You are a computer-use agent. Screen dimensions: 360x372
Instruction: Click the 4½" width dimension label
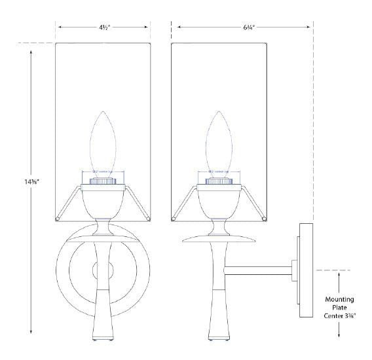point(103,27)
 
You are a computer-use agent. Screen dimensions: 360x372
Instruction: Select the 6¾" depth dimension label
point(242,27)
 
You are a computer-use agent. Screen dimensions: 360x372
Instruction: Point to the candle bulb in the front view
point(102,140)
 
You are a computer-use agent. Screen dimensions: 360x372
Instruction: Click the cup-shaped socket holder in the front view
point(102,200)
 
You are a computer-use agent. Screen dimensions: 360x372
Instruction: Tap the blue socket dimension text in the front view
point(102,172)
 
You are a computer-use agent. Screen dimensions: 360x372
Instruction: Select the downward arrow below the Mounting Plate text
point(339,334)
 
